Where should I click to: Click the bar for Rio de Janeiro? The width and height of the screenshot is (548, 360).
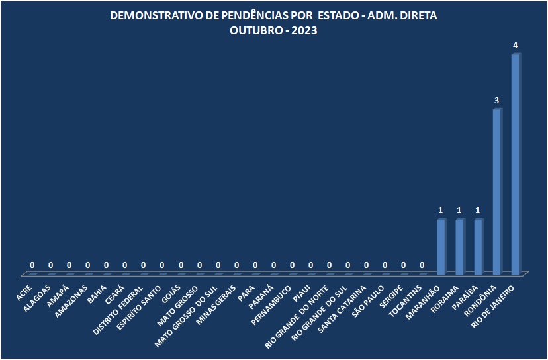tap(516, 163)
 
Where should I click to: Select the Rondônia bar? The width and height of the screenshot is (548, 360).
tap(497, 191)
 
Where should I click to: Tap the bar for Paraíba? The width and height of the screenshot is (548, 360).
tap(479, 246)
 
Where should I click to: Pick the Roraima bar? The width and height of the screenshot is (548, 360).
tap(460, 246)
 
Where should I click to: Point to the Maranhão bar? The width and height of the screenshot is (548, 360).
tap(441, 246)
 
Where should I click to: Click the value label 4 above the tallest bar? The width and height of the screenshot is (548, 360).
tap(515, 46)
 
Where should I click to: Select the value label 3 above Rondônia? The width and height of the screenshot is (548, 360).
tap(496, 101)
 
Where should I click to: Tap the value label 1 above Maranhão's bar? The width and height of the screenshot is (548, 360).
tap(441, 210)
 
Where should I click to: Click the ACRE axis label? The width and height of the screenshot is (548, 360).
tap(24, 293)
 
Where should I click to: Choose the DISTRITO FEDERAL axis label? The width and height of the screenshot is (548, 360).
tap(118, 310)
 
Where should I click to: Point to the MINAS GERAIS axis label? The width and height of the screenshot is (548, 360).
tap(216, 305)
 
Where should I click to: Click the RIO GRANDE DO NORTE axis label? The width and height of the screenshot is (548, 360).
tap(297, 317)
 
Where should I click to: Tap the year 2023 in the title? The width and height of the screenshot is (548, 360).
tap(304, 30)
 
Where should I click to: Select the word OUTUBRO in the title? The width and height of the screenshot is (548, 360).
tap(256, 30)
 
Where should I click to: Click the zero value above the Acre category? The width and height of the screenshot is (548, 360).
tap(32, 265)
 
